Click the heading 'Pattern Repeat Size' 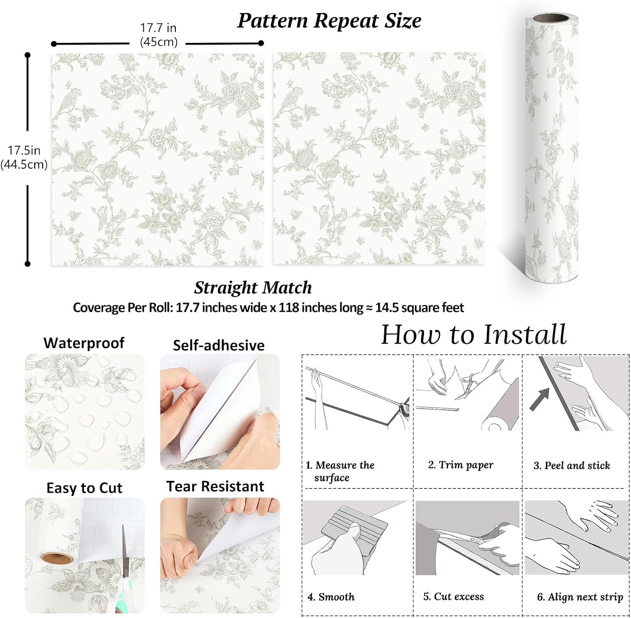[x=329, y=21]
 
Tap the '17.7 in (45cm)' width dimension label [x=158, y=35]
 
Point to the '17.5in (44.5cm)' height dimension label [x=24, y=157]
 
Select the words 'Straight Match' [x=253, y=288]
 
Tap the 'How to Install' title [x=474, y=334]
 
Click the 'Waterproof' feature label [x=84, y=343]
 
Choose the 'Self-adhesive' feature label [x=219, y=345]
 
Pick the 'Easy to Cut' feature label [x=84, y=488]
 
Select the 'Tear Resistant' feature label [x=215, y=486]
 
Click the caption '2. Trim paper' [x=461, y=465]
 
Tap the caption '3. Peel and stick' [x=572, y=465]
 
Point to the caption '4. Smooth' [x=331, y=597]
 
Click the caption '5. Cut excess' [x=453, y=596]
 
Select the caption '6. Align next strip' [x=580, y=597]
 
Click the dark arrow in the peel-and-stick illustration [x=539, y=399]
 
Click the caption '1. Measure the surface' [x=340, y=471]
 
